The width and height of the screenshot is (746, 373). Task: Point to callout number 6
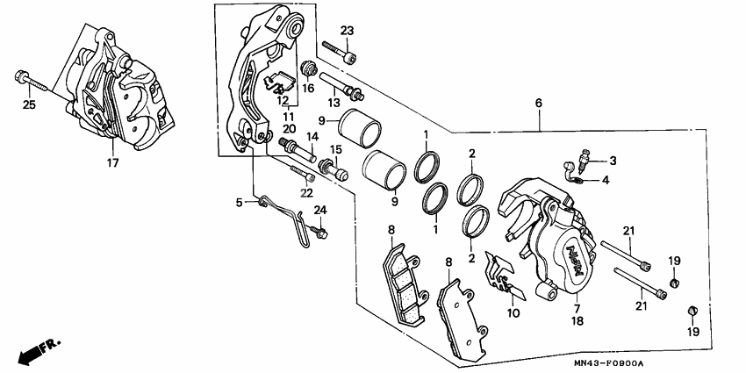click(538, 103)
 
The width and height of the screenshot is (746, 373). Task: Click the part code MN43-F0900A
click(610, 363)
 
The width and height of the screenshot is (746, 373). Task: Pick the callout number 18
click(577, 322)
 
